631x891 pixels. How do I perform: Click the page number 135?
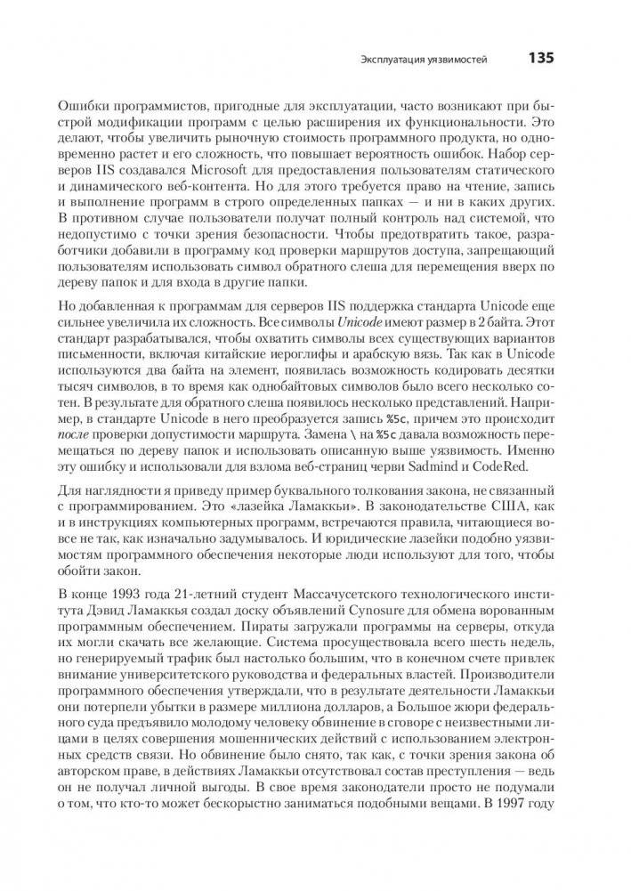coord(541,59)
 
